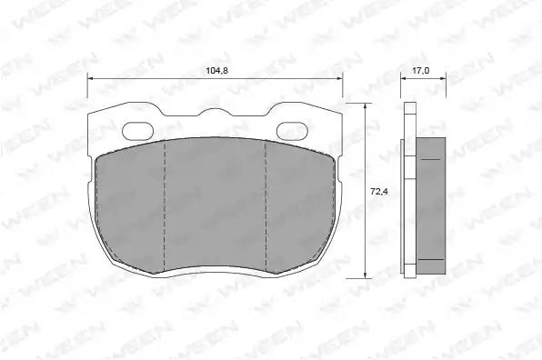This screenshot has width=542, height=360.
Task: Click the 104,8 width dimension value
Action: [x=216, y=71]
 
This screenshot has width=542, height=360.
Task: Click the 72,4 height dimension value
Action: [x=379, y=192]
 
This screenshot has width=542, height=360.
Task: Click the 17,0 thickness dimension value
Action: [x=421, y=71]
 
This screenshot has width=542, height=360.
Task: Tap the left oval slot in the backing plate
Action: [x=138, y=131]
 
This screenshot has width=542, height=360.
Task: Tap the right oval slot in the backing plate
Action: [x=292, y=131]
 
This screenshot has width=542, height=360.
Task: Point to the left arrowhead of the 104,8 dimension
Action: [x=91, y=79]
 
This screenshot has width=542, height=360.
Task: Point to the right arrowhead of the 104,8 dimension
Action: [x=339, y=79]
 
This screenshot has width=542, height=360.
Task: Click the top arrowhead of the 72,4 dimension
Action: [x=365, y=106]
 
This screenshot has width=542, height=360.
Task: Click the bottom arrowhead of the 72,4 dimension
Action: [x=365, y=275]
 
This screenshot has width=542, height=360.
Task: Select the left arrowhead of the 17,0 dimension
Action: [x=404, y=79]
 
